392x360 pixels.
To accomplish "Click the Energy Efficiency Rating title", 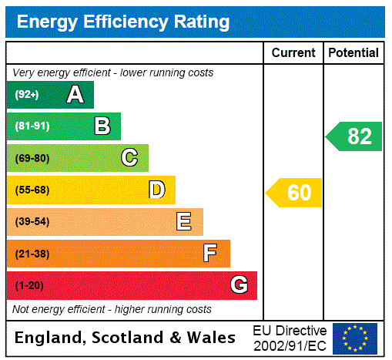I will click(122, 22).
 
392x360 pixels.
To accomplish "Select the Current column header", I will click(293, 53).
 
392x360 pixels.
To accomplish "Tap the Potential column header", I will click(353, 53).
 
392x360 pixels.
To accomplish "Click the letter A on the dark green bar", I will click(75, 95).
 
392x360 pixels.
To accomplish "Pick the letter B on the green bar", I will click(102, 126).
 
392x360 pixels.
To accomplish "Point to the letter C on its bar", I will click(129, 158).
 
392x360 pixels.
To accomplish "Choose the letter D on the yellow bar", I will click(156, 190).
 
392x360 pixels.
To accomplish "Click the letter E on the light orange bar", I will click(184, 222).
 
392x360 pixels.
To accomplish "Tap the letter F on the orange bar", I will click(210, 254).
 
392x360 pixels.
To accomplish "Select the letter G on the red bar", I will click(239, 286).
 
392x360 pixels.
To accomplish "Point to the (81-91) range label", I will click(32, 126).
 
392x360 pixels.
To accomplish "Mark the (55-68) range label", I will click(32, 190).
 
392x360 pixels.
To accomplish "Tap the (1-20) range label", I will click(29, 286).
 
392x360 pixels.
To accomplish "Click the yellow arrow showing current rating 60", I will click(294, 193).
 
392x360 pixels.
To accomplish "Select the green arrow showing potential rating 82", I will click(354, 136).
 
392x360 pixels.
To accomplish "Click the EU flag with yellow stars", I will click(355, 338).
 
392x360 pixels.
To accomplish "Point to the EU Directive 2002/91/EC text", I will click(290, 338).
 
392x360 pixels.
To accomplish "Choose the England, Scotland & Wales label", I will click(126, 338).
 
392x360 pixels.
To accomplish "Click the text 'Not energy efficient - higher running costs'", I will click(112, 309).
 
